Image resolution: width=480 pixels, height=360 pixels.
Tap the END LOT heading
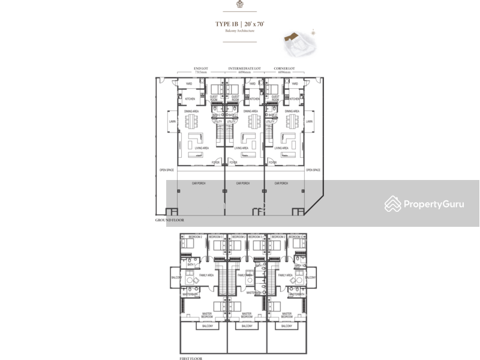point(201,69)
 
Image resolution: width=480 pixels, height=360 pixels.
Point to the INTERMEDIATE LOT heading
point(244,69)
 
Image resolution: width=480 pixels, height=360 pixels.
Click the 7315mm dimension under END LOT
point(201,73)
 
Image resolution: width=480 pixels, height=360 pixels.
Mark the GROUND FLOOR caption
point(170,221)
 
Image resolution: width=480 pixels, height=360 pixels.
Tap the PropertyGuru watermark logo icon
point(393,204)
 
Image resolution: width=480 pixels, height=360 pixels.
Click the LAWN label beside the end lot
point(173,121)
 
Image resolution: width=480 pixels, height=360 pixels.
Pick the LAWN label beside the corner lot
point(309,121)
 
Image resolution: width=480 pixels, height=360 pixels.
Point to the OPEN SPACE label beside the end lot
point(167,170)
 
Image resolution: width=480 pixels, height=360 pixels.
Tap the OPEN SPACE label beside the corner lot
point(313,170)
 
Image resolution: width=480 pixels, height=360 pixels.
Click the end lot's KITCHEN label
point(190,99)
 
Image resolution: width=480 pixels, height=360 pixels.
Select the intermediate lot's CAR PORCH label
point(243,183)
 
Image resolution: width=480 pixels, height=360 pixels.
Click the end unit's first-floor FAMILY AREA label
point(206,275)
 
